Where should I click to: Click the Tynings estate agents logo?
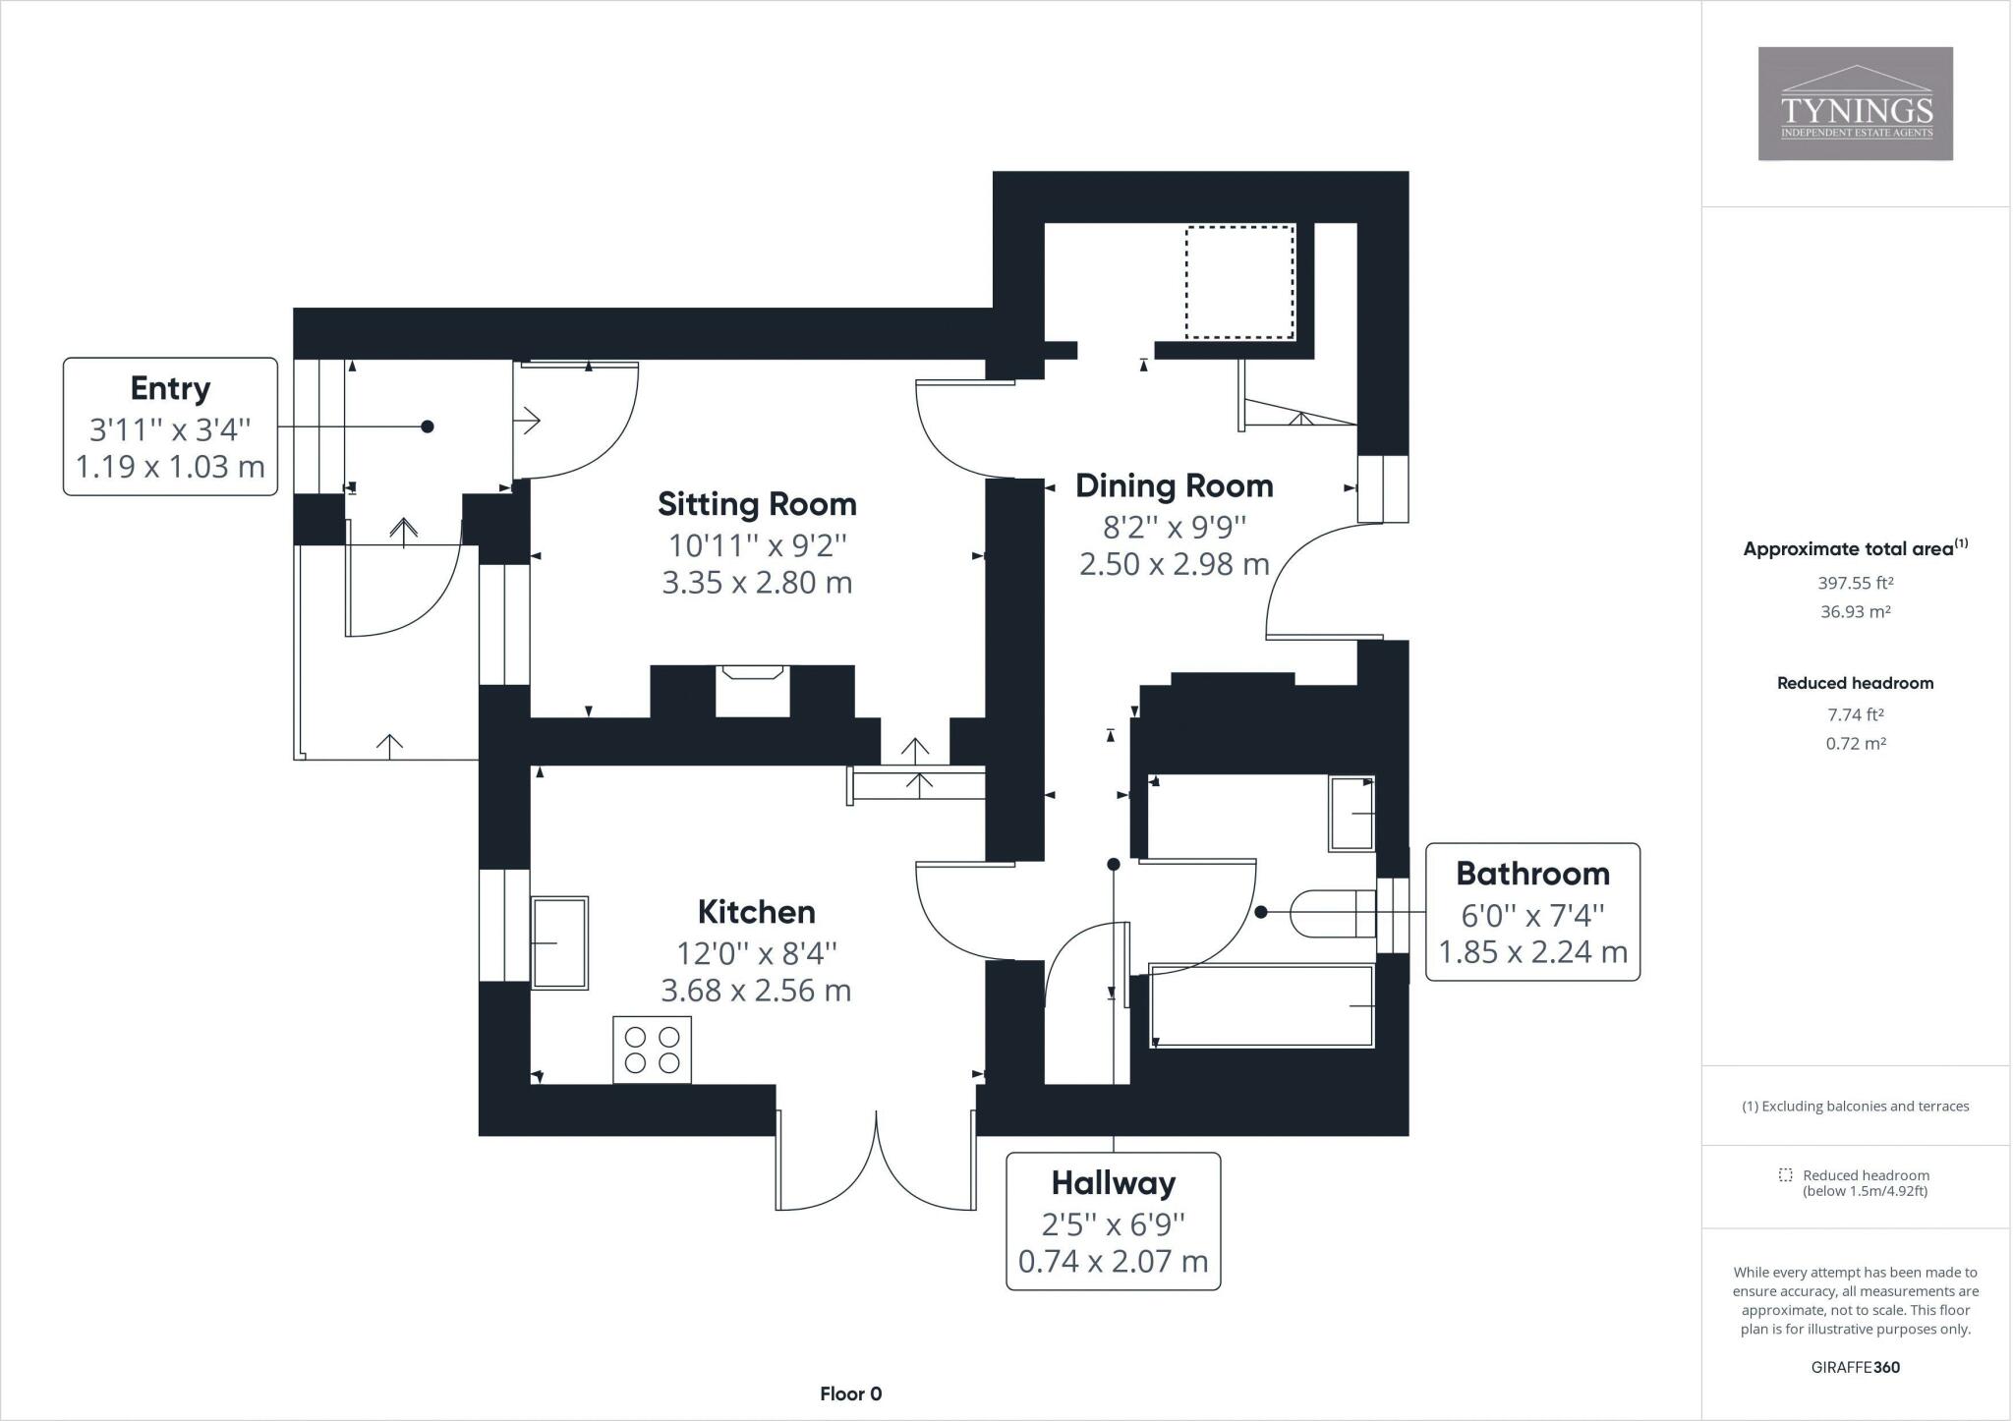click(1855, 103)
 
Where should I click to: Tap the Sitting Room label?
click(757, 504)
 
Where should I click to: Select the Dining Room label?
click(1174, 485)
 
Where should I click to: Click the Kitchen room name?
click(756, 912)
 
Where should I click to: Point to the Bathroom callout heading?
click(1532, 874)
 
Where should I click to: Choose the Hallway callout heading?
click(1113, 1183)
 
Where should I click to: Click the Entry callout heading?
click(170, 388)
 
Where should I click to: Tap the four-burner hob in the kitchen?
click(652, 1050)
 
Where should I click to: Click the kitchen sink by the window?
click(559, 942)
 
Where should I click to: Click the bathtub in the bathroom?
click(1261, 1005)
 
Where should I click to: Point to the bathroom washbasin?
click(1352, 814)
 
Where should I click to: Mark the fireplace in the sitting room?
click(753, 690)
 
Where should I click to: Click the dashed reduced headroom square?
click(1238, 282)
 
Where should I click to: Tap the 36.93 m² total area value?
click(1855, 611)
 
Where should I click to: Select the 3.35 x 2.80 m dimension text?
click(757, 583)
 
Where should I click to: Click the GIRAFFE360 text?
click(1855, 1367)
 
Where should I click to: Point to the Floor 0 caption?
click(850, 1393)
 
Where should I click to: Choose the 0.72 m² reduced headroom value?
click(1855, 744)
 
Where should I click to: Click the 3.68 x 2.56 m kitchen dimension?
click(756, 991)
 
